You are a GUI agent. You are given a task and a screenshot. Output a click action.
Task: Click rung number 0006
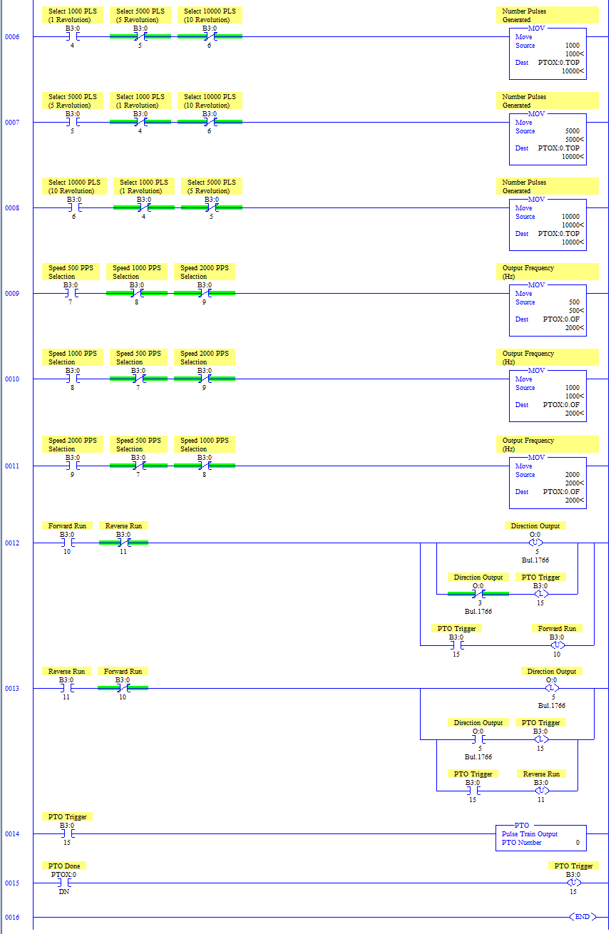(x=12, y=36)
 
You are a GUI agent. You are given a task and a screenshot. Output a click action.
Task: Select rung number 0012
(x=12, y=543)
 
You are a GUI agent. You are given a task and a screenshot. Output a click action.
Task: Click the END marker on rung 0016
(x=582, y=916)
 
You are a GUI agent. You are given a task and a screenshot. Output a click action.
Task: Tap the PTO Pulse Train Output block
(x=540, y=838)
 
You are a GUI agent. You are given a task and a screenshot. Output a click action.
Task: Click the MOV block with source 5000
(x=548, y=139)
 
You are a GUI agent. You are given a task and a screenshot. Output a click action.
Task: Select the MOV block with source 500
(x=548, y=310)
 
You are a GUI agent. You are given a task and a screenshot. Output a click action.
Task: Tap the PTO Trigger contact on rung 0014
(x=68, y=833)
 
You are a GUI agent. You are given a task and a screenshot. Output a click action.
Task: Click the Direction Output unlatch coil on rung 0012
(x=535, y=543)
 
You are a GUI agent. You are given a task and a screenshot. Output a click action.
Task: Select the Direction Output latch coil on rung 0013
(x=552, y=688)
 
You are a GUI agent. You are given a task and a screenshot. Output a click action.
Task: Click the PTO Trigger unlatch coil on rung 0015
(x=574, y=883)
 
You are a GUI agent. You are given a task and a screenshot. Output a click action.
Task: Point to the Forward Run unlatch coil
(x=557, y=645)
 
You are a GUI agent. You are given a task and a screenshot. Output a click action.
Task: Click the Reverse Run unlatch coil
(x=542, y=791)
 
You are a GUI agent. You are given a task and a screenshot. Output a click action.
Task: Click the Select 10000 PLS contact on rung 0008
(x=73, y=207)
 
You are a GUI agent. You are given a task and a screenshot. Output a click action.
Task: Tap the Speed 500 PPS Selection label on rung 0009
(x=71, y=272)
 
